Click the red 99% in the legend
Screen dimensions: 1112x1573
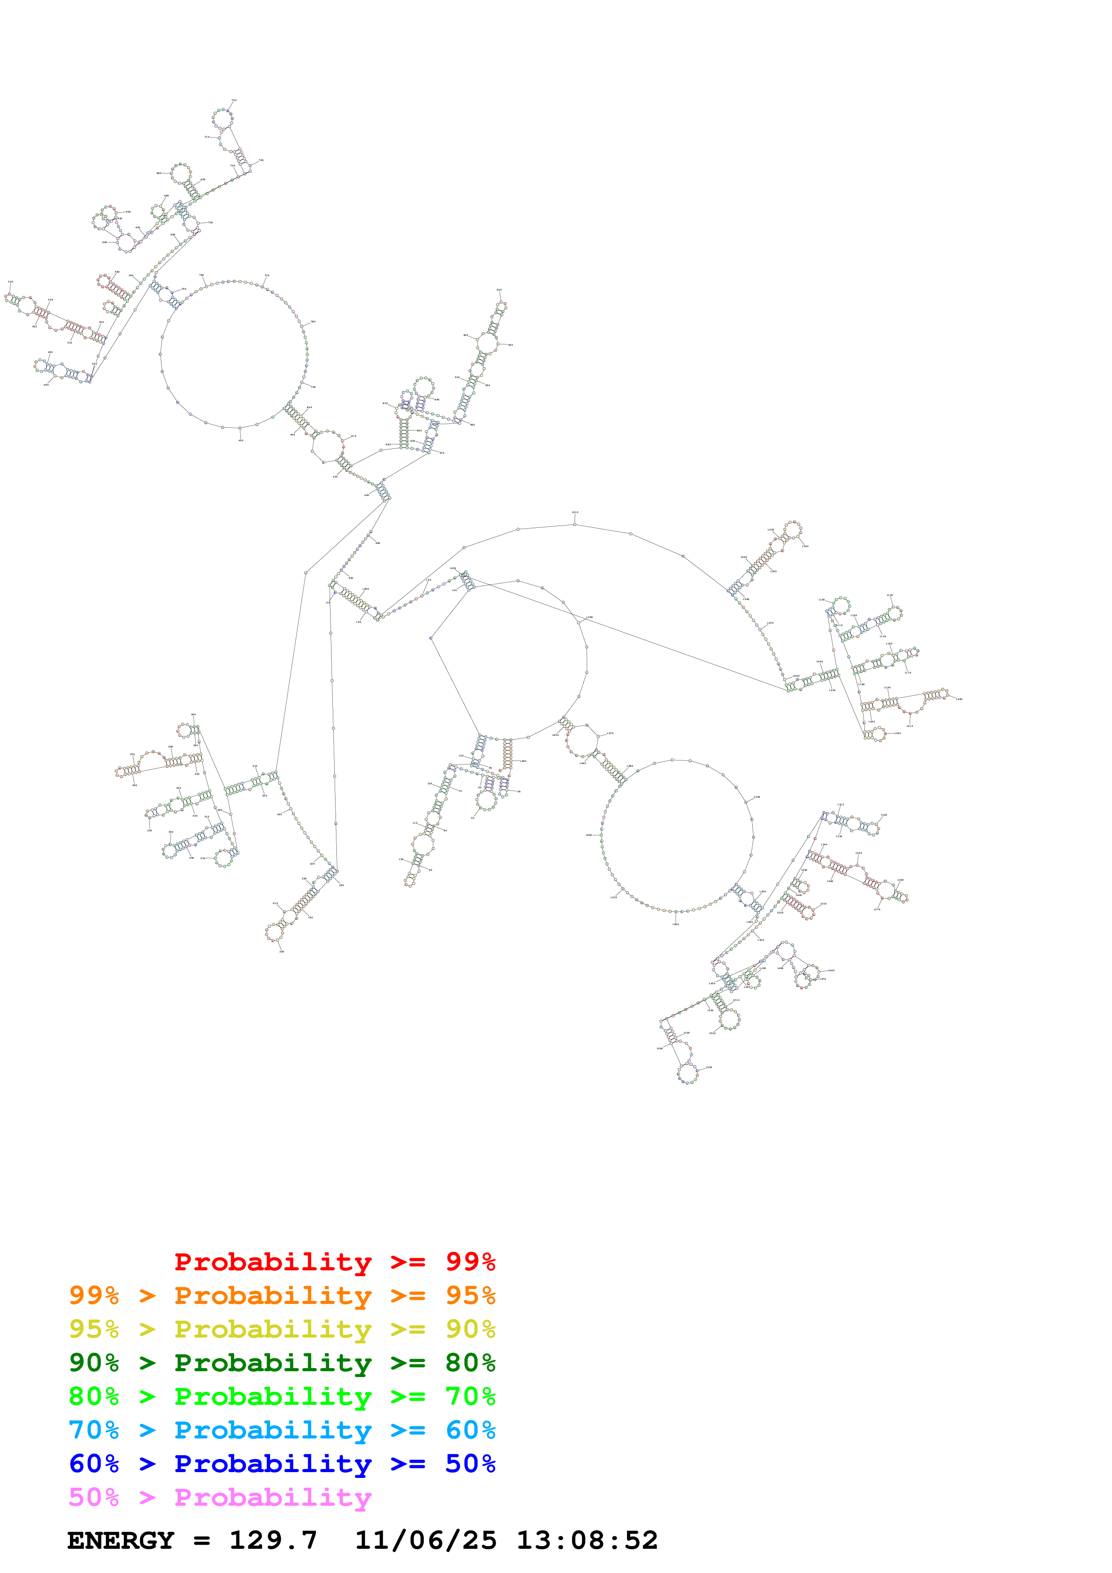(x=470, y=1261)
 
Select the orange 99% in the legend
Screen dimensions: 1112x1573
(x=94, y=1295)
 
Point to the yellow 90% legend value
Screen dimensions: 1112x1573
(x=470, y=1329)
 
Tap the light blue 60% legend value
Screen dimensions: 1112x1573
(x=470, y=1430)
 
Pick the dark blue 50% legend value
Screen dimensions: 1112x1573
(x=470, y=1464)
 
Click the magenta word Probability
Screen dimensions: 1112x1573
(x=273, y=1497)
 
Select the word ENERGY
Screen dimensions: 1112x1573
(x=121, y=1541)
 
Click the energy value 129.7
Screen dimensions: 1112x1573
(x=273, y=1541)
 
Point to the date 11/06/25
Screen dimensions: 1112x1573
(x=426, y=1541)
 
